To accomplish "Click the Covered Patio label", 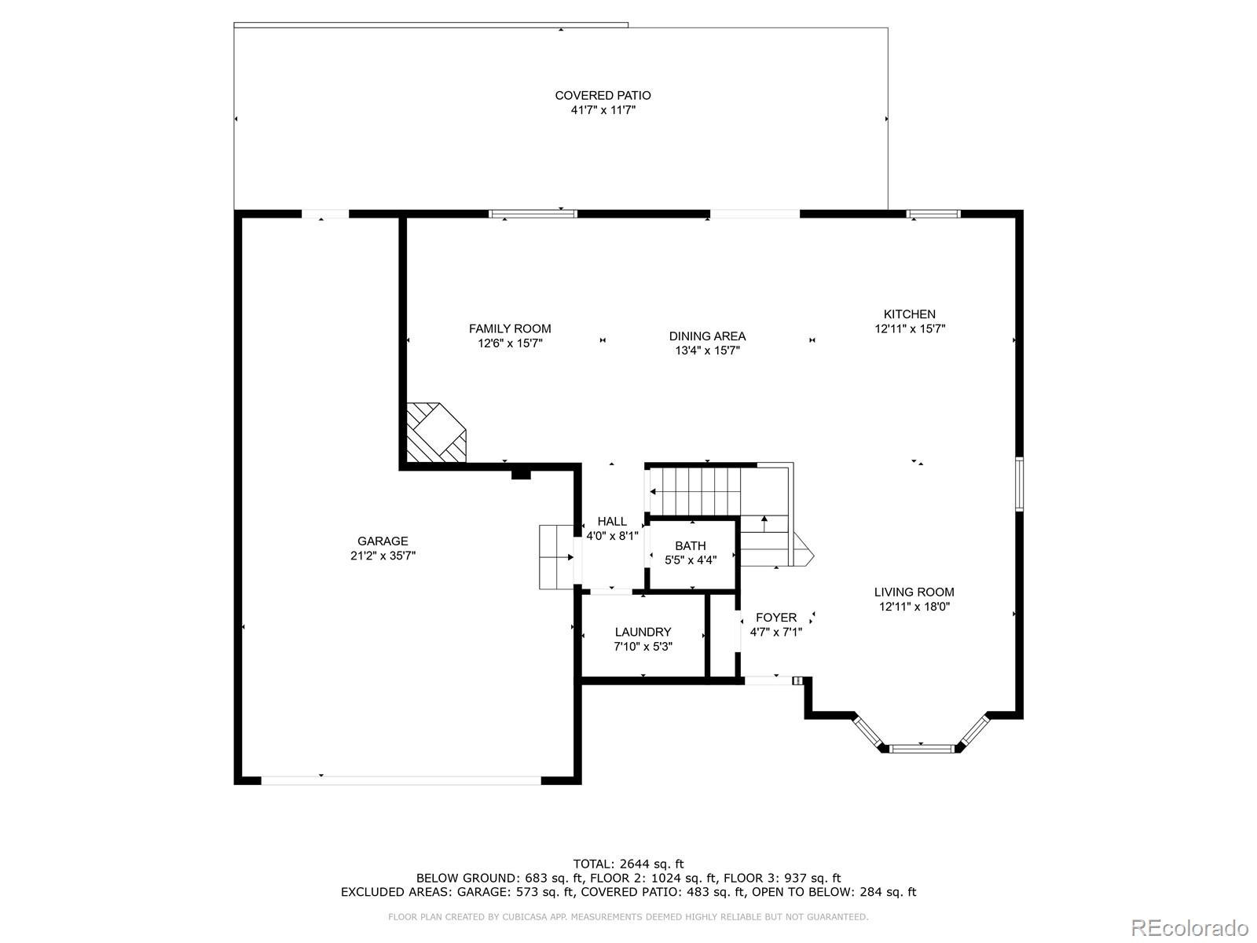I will pos(603,95).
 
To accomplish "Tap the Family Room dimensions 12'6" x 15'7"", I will pos(510,343).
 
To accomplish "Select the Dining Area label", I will pos(707,336).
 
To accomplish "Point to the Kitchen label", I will pos(909,314).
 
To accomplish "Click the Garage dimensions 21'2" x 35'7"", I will pos(383,556).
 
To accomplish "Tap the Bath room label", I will pos(690,545).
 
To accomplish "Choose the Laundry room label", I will pos(643,631).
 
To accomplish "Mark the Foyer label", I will pos(775,617).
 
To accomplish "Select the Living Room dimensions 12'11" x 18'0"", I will pos(914,607).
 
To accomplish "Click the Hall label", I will pos(612,521).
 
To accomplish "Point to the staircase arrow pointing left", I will pos(654,492).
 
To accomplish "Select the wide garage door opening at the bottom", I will pos(401,780).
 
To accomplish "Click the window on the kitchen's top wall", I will pos(933,214).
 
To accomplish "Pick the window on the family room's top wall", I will pos(533,214).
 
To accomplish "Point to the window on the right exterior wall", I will pos(1019,484).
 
